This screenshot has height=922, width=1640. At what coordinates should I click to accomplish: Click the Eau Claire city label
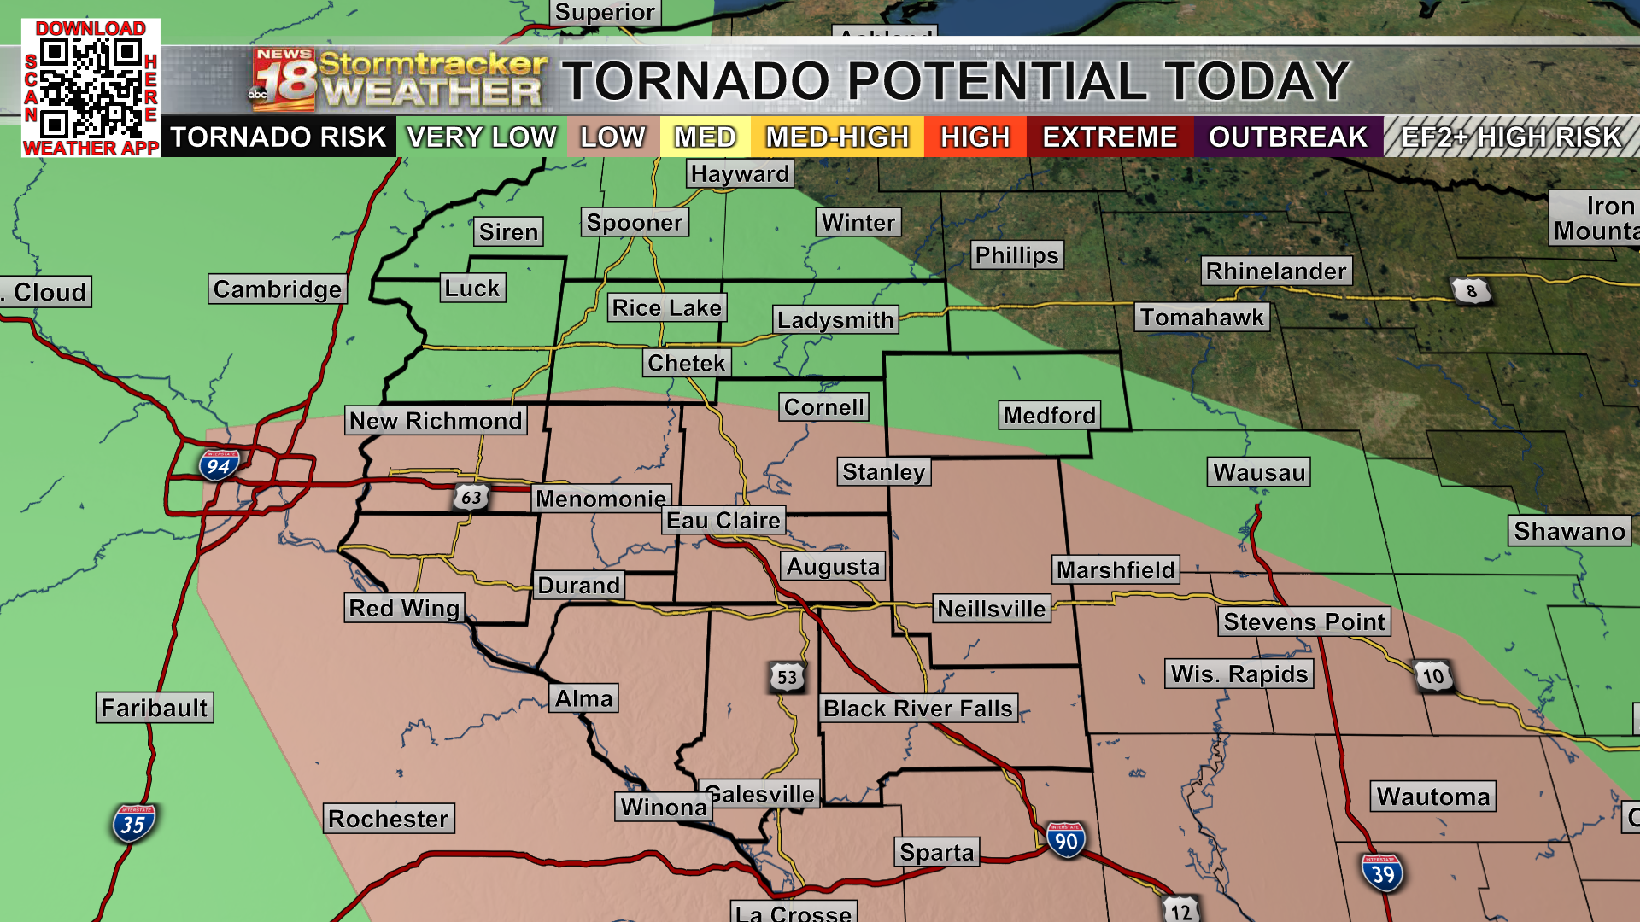(723, 521)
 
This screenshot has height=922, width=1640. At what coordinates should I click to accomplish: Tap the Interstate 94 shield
(219, 466)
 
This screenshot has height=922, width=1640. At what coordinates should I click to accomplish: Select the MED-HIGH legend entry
(837, 137)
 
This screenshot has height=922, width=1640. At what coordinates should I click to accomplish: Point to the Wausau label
(1258, 472)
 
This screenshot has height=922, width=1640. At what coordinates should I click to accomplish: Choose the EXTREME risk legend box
(1110, 137)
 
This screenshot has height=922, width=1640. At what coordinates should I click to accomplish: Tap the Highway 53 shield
(787, 678)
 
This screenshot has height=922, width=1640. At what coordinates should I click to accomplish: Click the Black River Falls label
(917, 709)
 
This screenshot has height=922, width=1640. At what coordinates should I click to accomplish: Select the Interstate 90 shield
(1065, 841)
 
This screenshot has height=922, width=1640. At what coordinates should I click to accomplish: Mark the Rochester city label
(389, 819)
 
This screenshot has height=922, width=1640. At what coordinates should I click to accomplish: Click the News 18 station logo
(284, 80)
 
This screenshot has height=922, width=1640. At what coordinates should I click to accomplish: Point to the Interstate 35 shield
(133, 824)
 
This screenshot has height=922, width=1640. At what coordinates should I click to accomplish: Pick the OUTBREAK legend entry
(1288, 137)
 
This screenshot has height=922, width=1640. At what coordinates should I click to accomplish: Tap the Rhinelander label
(1276, 271)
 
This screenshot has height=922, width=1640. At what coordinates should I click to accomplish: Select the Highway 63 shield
(471, 497)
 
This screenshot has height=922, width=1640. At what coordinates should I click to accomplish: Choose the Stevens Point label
(1303, 621)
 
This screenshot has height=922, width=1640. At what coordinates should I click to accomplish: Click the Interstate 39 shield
(1382, 873)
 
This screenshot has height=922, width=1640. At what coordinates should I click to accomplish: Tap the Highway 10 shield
(1432, 676)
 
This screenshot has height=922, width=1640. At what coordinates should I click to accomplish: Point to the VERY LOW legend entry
(481, 137)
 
